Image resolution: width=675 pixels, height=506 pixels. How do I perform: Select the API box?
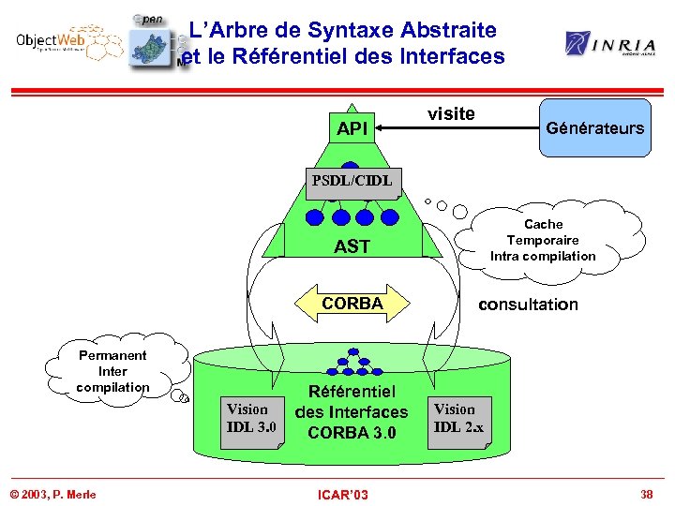[x=352, y=128]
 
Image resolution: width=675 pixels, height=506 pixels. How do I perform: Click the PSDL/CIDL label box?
[x=352, y=180]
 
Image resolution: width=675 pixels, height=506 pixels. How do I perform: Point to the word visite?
[x=451, y=113]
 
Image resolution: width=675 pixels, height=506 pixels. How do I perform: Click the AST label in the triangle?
[x=352, y=246]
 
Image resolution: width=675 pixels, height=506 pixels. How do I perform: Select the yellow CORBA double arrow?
[x=352, y=304]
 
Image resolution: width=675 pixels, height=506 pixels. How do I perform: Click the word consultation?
[x=528, y=304]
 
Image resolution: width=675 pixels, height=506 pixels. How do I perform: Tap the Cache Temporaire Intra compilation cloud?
[x=544, y=241]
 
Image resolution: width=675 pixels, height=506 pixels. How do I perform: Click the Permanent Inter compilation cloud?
[x=112, y=371]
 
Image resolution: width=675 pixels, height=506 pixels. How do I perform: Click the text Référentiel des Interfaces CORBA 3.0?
[x=352, y=411]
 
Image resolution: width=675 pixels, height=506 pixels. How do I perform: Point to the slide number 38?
[x=646, y=493]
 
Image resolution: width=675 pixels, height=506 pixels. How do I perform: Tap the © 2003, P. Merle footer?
[x=53, y=494]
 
